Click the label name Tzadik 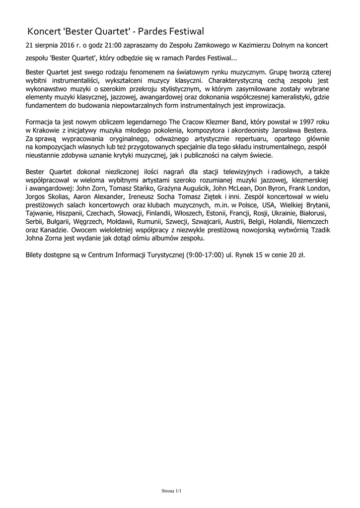[319, 231]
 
